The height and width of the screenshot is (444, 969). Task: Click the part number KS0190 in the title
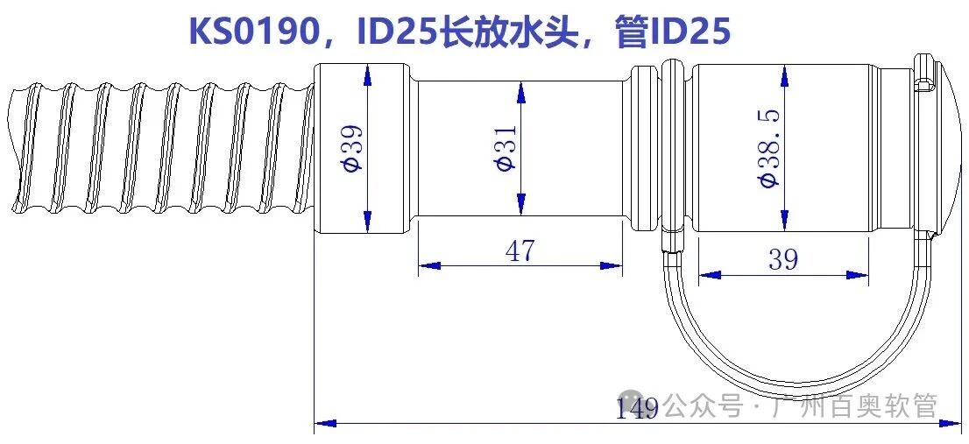coord(253,32)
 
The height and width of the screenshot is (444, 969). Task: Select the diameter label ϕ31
coord(506,148)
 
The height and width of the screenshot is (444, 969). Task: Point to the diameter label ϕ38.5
coord(768,148)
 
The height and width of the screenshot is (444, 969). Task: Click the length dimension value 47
coord(520,251)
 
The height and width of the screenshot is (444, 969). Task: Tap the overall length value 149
coord(637,408)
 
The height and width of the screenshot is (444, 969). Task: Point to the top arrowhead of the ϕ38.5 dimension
coord(783,74)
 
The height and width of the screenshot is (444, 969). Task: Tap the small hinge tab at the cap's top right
coord(923,83)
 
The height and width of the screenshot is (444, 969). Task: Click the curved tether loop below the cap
coord(789,377)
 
